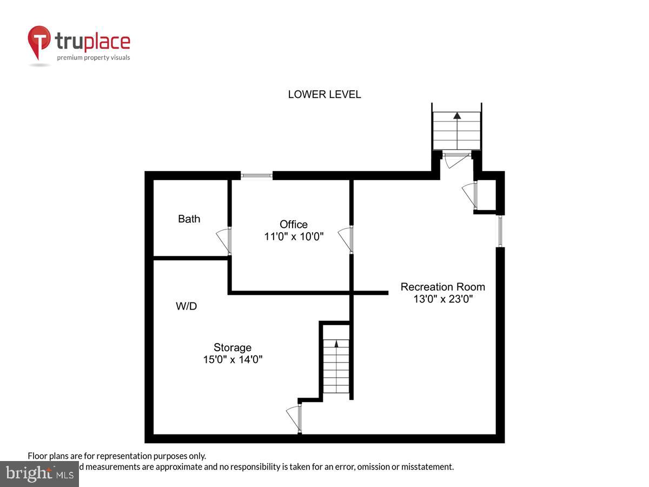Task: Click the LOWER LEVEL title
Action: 324,95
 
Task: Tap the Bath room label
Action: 189,219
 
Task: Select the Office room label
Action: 294,224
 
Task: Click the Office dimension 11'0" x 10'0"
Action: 294,236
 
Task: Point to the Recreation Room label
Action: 442,287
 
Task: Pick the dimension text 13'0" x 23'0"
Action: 442,299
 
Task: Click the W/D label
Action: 186,306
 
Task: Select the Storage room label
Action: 233,347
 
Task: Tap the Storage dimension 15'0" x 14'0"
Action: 233,359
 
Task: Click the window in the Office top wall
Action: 256,175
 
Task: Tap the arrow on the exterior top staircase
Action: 457,115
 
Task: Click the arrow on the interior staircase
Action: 336,343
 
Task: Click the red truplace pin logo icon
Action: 39,42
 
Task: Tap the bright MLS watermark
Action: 39,474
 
